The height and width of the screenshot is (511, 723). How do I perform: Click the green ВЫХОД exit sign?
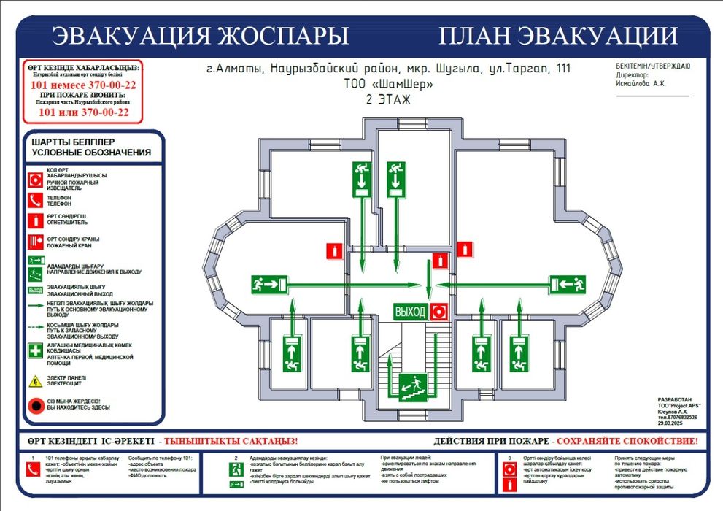click(410, 312)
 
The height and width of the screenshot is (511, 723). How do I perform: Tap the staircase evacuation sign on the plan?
click(412, 384)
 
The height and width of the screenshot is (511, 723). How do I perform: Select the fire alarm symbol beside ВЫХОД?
click(438, 312)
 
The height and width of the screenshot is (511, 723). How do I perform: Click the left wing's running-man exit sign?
click(267, 283)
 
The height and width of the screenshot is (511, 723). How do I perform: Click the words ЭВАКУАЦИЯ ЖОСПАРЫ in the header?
click(201, 35)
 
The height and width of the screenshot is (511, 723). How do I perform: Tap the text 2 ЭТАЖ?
click(388, 100)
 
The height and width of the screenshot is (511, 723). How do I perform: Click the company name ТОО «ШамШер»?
click(388, 85)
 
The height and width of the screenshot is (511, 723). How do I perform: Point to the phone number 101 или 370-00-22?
click(83, 112)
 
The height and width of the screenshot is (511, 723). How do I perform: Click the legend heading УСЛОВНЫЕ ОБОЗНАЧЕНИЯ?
click(91, 153)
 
